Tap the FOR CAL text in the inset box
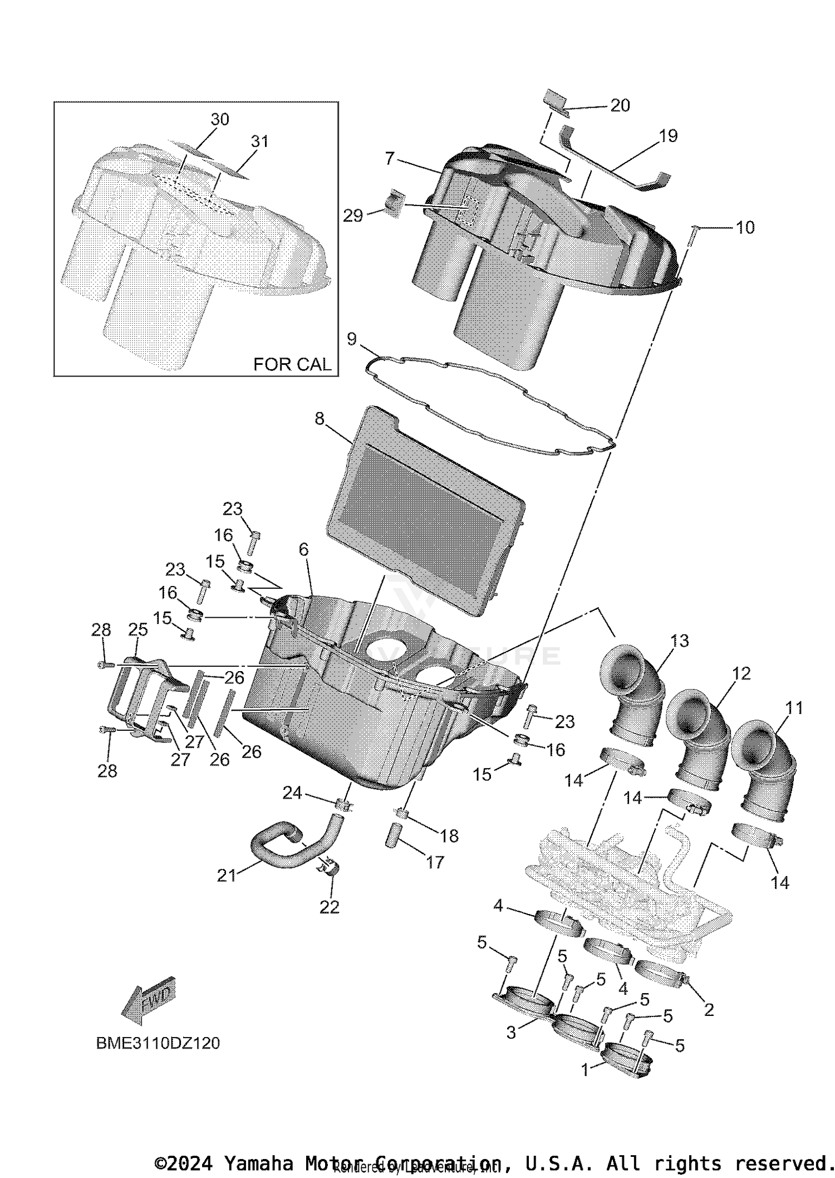coord(292,364)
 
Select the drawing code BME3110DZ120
coord(158,1043)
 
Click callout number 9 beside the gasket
coord(352,339)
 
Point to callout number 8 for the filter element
coord(320,418)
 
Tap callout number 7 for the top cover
coord(390,158)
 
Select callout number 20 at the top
coord(620,105)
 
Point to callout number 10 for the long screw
coord(745,227)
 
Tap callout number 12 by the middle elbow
coord(741,673)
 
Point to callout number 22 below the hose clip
coord(330,907)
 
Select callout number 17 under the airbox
coord(435,862)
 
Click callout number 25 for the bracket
coord(138,630)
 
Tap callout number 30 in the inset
coord(220,119)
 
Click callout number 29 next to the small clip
coord(353,216)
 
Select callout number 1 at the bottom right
coord(584,1071)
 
